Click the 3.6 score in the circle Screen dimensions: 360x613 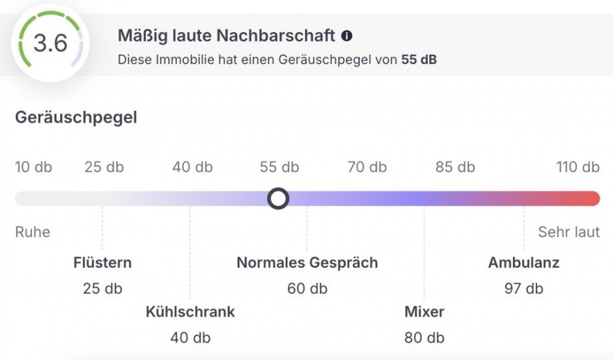51,44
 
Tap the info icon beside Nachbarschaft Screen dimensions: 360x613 346,35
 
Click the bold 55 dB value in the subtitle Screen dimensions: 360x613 419,59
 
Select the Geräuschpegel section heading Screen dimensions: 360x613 76,118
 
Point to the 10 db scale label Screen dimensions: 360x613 33,167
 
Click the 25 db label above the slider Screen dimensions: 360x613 104,167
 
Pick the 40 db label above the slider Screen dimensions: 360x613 193,167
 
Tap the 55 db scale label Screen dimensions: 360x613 279,167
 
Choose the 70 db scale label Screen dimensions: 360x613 367,167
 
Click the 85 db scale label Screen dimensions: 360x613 455,167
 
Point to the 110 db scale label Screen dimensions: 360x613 578,167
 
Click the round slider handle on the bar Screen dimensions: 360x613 278,199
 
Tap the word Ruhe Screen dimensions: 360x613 33,232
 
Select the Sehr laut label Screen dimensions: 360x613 569,232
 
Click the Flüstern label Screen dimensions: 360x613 103,263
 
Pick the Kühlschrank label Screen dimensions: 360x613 191,311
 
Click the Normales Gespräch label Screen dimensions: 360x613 307,263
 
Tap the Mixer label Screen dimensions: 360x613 424,311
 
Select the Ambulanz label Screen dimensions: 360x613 524,263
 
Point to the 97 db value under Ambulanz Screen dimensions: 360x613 524,289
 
